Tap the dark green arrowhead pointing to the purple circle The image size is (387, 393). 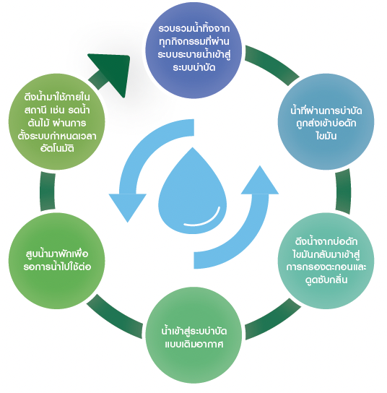click(x=113, y=71)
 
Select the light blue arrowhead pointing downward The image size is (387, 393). click(x=128, y=204)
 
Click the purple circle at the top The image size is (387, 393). click(x=193, y=50)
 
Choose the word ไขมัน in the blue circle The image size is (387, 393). click(x=326, y=136)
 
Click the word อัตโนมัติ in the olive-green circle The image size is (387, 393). click(x=57, y=148)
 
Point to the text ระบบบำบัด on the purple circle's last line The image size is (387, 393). click(x=194, y=68)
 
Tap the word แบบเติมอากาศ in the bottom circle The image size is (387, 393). click(x=194, y=344)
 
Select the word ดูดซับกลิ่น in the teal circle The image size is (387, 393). click(x=326, y=279)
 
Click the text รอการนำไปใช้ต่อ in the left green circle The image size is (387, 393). click(x=57, y=267)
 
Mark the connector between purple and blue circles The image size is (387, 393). click(x=271, y=64)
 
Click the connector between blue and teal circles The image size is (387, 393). click(x=343, y=191)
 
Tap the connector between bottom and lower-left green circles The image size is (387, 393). click(x=115, y=317)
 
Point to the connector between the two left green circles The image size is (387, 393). click(x=48, y=191)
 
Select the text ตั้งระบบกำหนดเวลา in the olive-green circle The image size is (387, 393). click(x=57, y=136)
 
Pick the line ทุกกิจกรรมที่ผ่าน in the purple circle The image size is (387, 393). click(x=194, y=41)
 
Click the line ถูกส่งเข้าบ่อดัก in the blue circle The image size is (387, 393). click(x=326, y=124)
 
